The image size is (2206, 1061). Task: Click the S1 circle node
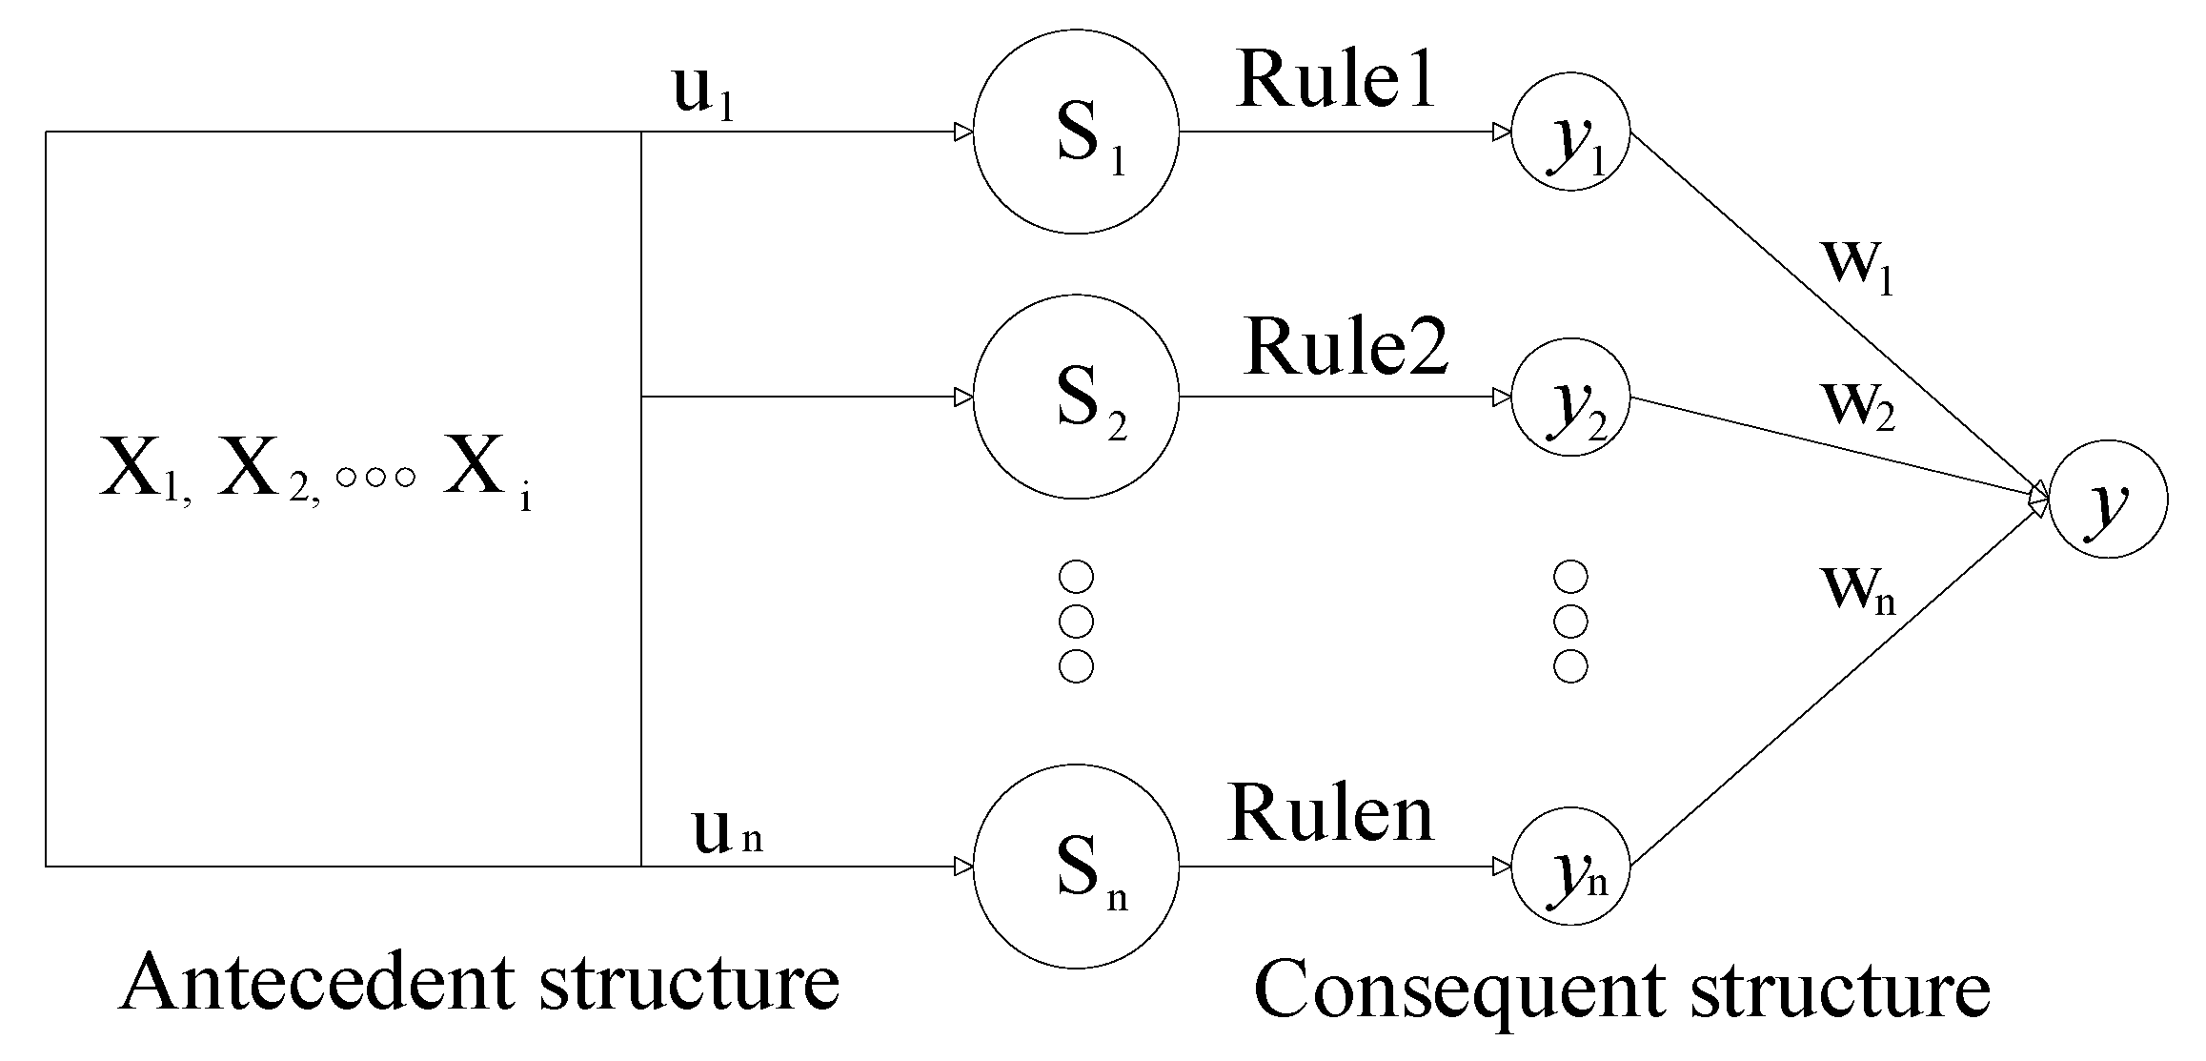click(1076, 132)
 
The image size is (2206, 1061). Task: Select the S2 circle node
click(1076, 397)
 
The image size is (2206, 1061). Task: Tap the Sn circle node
click(1076, 867)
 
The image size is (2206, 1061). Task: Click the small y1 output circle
click(1570, 132)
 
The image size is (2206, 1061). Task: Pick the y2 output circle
click(1570, 397)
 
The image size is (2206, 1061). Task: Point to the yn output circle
click(1570, 867)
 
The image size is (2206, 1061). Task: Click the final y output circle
click(2108, 499)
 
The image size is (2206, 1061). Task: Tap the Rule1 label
click(1336, 80)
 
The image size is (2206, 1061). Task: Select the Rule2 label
click(1346, 347)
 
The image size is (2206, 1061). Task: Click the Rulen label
click(1330, 814)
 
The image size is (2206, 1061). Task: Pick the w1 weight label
click(1858, 264)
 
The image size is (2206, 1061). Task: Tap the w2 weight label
click(1858, 405)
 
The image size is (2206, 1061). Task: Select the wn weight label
click(1858, 589)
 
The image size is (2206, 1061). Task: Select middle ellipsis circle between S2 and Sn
click(1076, 622)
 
